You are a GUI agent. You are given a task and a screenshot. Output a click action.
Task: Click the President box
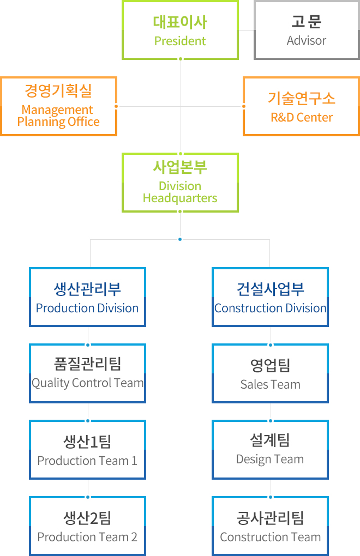pyautogui.click(x=180, y=30)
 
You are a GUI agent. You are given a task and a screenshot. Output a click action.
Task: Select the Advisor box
pyautogui.click(x=307, y=30)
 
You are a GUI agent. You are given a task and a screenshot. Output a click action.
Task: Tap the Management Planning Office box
pyautogui.click(x=59, y=106)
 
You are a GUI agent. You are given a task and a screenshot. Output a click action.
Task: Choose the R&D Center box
pyautogui.click(x=302, y=106)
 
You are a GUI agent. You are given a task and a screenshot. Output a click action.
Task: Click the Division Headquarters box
pyautogui.click(x=180, y=183)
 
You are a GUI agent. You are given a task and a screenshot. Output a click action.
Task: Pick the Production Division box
pyautogui.click(x=88, y=297)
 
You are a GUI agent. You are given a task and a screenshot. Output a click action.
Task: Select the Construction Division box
pyautogui.click(x=270, y=297)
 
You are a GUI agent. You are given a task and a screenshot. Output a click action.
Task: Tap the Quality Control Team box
pyautogui.click(x=88, y=373)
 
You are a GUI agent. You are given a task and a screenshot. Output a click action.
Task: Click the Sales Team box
pyautogui.click(x=270, y=373)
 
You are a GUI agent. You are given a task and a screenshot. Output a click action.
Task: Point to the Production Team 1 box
pyautogui.click(x=88, y=450)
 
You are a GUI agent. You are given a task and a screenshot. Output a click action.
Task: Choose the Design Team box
pyautogui.click(x=270, y=450)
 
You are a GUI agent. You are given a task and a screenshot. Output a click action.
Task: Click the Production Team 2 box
pyautogui.click(x=88, y=526)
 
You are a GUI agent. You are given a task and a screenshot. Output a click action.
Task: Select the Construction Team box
pyautogui.click(x=270, y=526)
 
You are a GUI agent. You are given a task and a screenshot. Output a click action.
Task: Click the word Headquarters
pyautogui.click(x=180, y=198)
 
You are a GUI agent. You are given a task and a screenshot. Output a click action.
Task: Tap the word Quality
pyautogui.click(x=50, y=383)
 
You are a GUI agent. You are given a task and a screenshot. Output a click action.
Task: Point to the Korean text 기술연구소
pyautogui.click(x=302, y=98)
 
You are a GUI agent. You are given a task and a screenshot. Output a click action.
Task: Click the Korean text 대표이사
pyautogui.click(x=180, y=22)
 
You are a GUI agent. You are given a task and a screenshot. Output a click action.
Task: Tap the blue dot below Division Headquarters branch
pyautogui.click(x=180, y=239)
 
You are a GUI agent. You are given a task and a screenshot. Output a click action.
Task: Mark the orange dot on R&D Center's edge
pyautogui.click(x=244, y=106)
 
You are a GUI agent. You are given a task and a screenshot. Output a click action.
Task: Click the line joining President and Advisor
pyautogui.click(x=247, y=30)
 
